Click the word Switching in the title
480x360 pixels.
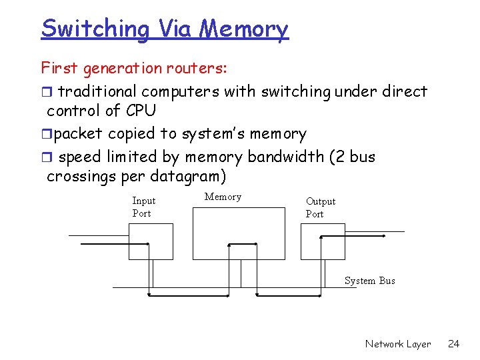[96, 29]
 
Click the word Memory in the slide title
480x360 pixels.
[244, 29]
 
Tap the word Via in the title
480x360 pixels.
[176, 29]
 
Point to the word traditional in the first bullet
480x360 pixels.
[97, 91]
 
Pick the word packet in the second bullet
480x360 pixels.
[78, 134]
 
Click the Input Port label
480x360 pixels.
[143, 207]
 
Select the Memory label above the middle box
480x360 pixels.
[223, 197]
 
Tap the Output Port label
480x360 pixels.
[320, 207]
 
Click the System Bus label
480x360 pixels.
[369, 281]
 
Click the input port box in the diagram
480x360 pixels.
[151, 241]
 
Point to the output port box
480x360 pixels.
[323, 241]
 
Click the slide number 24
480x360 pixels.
[453, 344]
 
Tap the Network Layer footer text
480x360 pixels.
[398, 344]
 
